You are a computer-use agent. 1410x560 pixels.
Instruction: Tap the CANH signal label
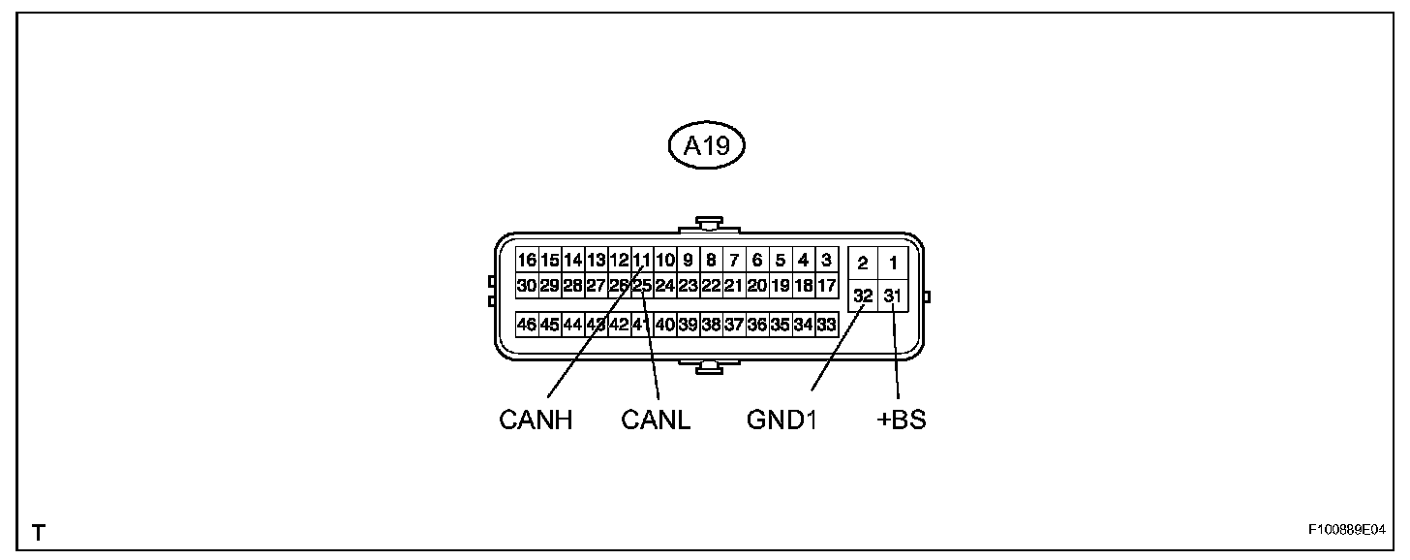click(x=536, y=420)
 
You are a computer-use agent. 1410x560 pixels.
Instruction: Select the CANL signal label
click(x=656, y=420)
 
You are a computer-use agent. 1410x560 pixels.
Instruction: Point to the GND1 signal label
click(x=782, y=420)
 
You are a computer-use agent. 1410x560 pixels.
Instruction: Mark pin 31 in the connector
click(x=893, y=296)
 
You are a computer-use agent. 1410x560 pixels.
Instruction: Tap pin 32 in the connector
click(x=862, y=296)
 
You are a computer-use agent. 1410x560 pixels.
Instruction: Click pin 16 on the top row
click(x=527, y=260)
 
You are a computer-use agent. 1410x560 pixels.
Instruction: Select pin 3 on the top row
click(x=826, y=260)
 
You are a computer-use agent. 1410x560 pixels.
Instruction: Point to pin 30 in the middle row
click(x=527, y=286)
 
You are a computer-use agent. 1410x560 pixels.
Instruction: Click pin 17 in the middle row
click(x=826, y=286)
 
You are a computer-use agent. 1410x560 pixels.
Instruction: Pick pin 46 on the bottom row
click(x=527, y=325)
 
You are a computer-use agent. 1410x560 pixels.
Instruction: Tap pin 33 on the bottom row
click(x=826, y=325)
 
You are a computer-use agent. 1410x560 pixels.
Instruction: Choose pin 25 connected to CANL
click(x=642, y=286)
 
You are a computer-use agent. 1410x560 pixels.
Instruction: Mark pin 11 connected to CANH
click(x=642, y=260)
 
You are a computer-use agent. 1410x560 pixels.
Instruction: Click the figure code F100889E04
click(x=1346, y=531)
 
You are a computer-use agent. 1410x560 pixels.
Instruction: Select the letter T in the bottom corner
click(x=38, y=532)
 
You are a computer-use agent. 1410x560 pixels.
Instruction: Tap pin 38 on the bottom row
click(x=711, y=325)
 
